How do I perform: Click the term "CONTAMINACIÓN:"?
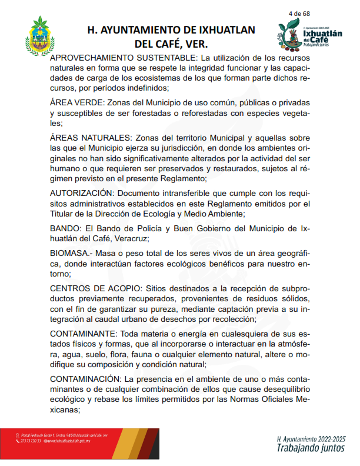(x=86, y=377)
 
